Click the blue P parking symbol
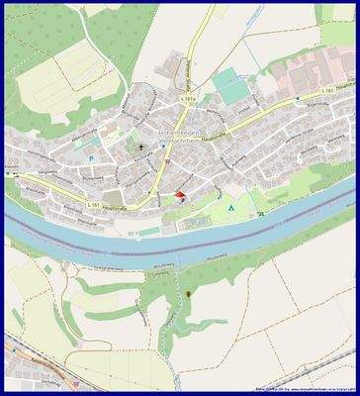(x=90, y=157)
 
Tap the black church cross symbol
(x=141, y=149)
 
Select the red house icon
(x=179, y=196)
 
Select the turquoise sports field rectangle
(x=231, y=86)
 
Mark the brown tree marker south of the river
(x=188, y=294)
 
